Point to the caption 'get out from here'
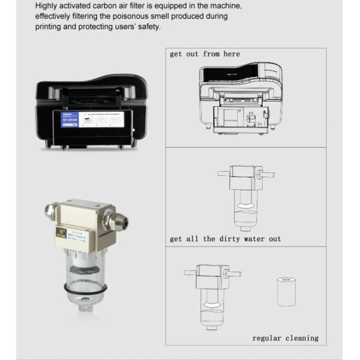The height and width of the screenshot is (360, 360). pos(205,54)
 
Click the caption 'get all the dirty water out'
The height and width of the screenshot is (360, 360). pos(225,239)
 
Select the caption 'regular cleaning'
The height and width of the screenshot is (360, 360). pos(285,338)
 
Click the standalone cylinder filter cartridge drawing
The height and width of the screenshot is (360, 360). pos(286,292)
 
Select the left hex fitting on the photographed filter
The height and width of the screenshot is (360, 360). pos(49,214)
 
